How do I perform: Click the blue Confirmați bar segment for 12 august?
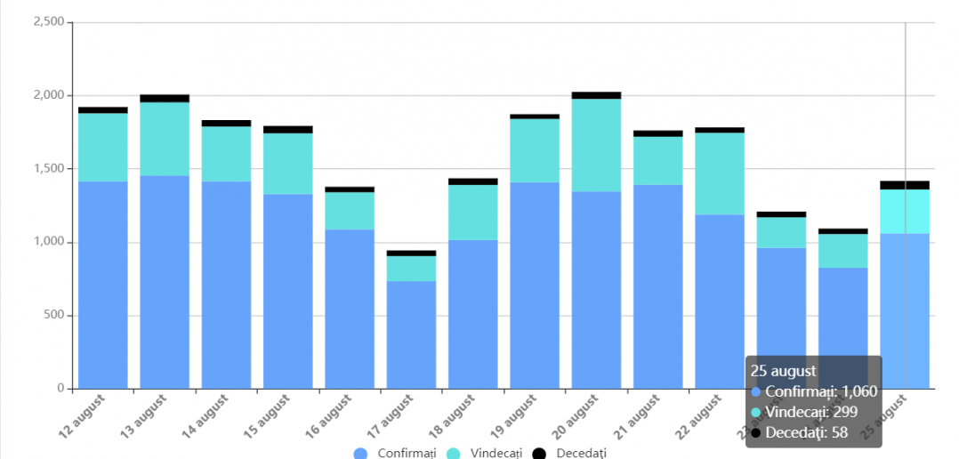coord(103,285)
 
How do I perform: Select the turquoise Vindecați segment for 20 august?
coord(596,145)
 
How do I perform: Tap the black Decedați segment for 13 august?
coord(165,98)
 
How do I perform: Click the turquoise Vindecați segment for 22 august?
coord(720,173)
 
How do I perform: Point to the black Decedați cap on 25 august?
coord(905,185)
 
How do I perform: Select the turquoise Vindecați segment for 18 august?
coord(473,212)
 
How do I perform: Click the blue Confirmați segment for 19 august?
coord(535,285)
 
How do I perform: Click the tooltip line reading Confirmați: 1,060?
coord(808,391)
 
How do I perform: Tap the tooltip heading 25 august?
coord(784,371)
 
